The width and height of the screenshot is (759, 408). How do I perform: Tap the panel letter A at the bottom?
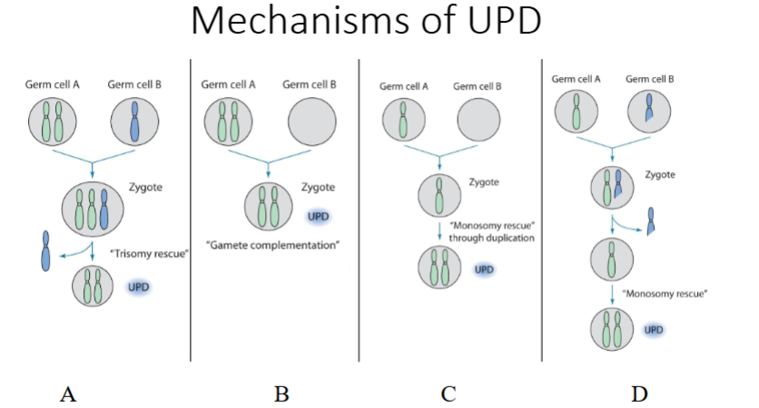tap(66, 393)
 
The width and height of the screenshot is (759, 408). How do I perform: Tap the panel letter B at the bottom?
tap(281, 393)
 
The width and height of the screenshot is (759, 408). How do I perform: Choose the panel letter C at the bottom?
tap(448, 393)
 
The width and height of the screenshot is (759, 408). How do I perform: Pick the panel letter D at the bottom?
tap(641, 393)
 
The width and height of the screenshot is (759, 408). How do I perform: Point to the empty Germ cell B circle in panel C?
tap(478, 120)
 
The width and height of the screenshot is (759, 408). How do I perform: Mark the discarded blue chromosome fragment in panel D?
tap(651, 219)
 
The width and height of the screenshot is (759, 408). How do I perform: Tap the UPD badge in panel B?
tap(318, 218)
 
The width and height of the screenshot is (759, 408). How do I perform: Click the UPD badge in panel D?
tap(654, 329)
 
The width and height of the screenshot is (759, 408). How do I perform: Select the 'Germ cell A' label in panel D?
tap(576, 80)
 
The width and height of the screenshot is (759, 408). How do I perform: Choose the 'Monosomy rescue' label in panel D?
tap(654, 294)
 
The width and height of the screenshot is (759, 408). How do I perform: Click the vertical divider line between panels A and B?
tap(191, 209)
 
